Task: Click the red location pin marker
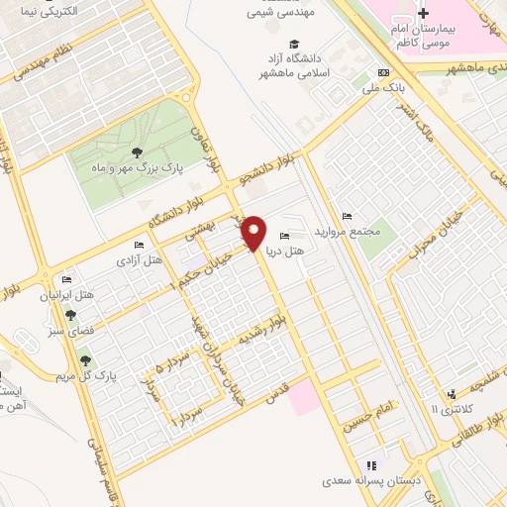(x=255, y=233)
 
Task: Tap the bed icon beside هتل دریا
(x=286, y=236)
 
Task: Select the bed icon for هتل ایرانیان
(x=66, y=280)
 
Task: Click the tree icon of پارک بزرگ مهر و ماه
(x=136, y=152)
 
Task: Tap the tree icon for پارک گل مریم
(x=85, y=360)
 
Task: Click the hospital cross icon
(x=423, y=14)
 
